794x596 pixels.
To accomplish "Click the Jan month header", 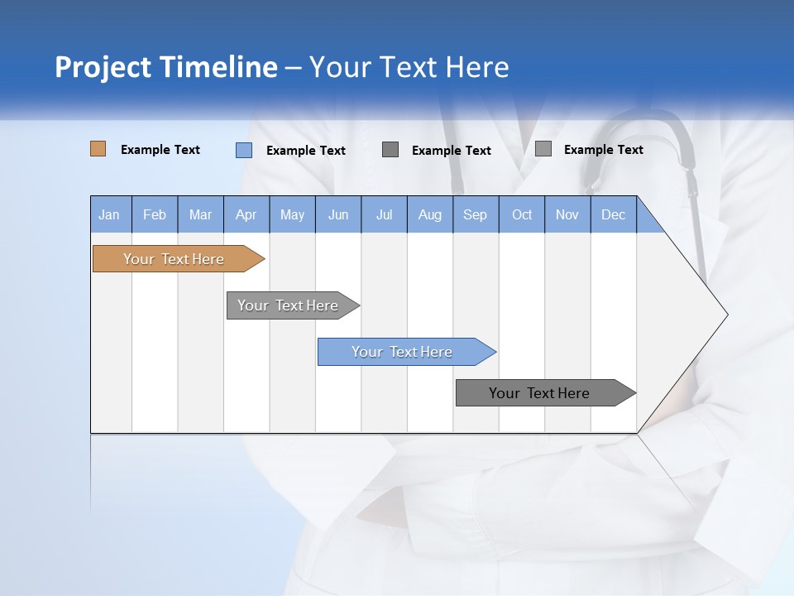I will tap(110, 214).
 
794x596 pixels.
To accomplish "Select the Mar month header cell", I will tap(200, 214).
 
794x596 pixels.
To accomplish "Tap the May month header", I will tap(292, 214).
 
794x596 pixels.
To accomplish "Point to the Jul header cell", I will tap(384, 214).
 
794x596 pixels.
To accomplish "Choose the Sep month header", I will tap(475, 214).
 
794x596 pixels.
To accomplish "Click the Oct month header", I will tap(522, 214).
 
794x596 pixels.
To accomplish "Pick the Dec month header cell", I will tap(613, 214).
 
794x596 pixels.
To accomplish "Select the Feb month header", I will tap(155, 214).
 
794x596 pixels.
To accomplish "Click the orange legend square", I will tap(98, 149).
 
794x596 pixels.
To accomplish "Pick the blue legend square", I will tap(244, 150).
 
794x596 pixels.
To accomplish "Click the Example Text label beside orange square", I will tap(160, 150).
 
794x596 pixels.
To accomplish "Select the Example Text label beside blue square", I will tap(306, 151).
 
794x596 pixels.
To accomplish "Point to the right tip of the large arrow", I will tap(726, 315).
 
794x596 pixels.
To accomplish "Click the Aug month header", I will tap(429, 214).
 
